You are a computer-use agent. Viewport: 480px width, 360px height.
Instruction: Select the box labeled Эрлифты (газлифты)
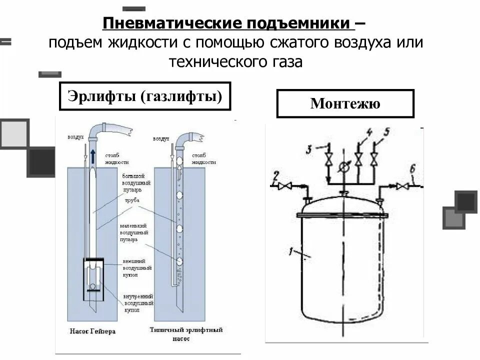[145, 95]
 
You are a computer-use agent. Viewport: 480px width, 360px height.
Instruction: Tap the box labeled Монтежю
[345, 103]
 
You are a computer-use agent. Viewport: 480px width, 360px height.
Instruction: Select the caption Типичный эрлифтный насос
[186, 334]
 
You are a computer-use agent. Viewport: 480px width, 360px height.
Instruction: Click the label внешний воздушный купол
[137, 268]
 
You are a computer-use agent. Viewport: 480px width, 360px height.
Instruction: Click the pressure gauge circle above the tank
[343, 168]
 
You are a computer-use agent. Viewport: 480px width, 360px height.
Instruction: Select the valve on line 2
[286, 186]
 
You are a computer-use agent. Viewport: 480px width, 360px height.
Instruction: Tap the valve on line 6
[401, 186]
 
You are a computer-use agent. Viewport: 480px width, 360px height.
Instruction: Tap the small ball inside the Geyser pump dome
[93, 287]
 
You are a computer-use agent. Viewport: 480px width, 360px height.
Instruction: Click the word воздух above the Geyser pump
[75, 136]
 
